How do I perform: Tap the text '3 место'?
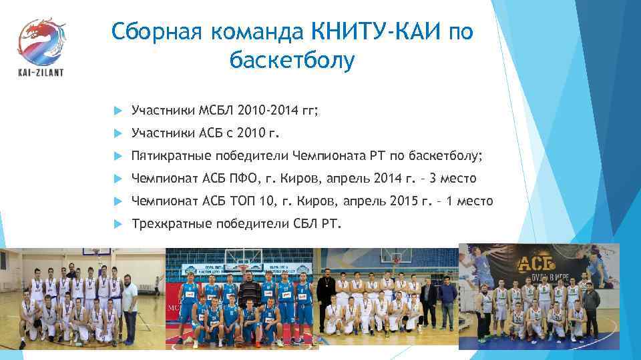click(453, 178)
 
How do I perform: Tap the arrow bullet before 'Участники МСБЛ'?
click(118, 109)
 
